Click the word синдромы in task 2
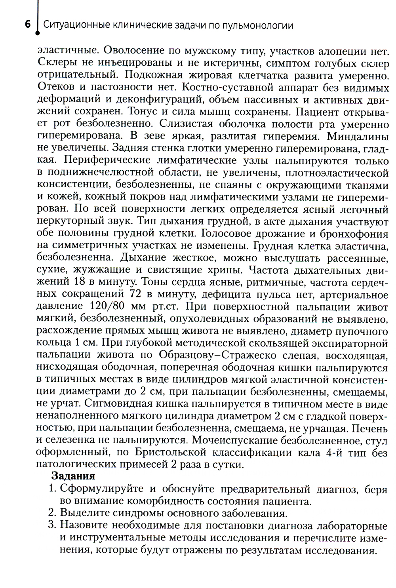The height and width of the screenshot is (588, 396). click(x=131, y=514)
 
